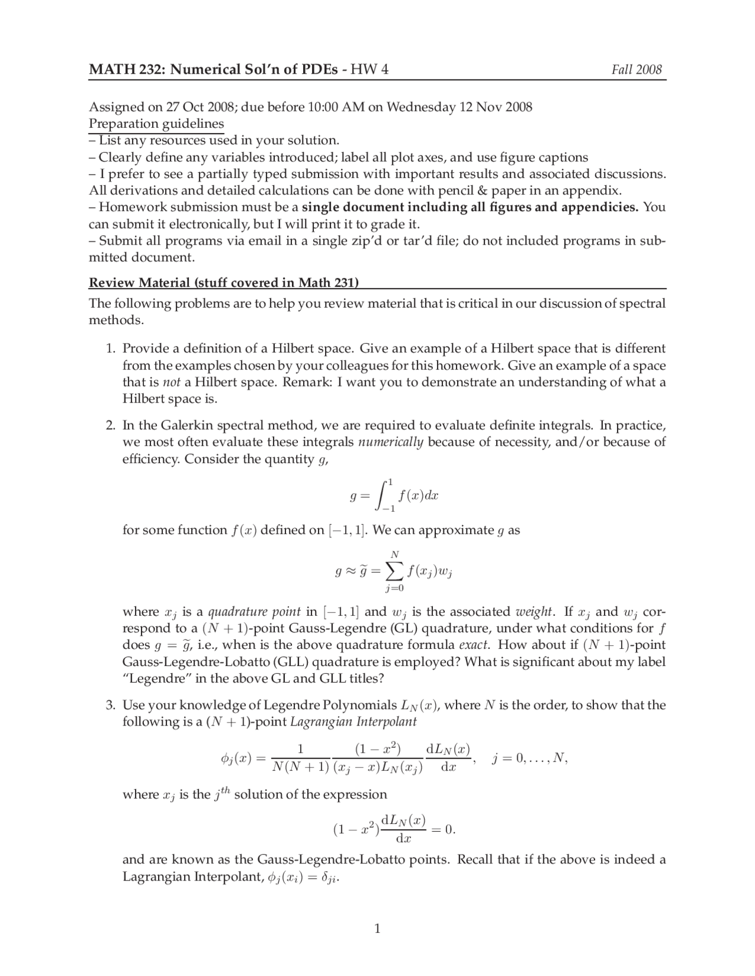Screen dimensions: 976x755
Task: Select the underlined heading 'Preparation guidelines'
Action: [156, 124]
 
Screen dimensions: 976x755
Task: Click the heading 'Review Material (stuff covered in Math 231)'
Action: [224, 282]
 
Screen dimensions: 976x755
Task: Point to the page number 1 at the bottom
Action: [377, 929]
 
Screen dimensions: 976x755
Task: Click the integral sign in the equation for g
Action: [383, 495]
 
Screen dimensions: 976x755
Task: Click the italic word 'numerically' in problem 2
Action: [390, 442]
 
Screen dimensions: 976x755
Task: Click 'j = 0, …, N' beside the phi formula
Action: [529, 759]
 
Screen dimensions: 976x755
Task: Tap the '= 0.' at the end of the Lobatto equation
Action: [443, 829]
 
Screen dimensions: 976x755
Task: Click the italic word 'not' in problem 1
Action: [171, 382]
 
